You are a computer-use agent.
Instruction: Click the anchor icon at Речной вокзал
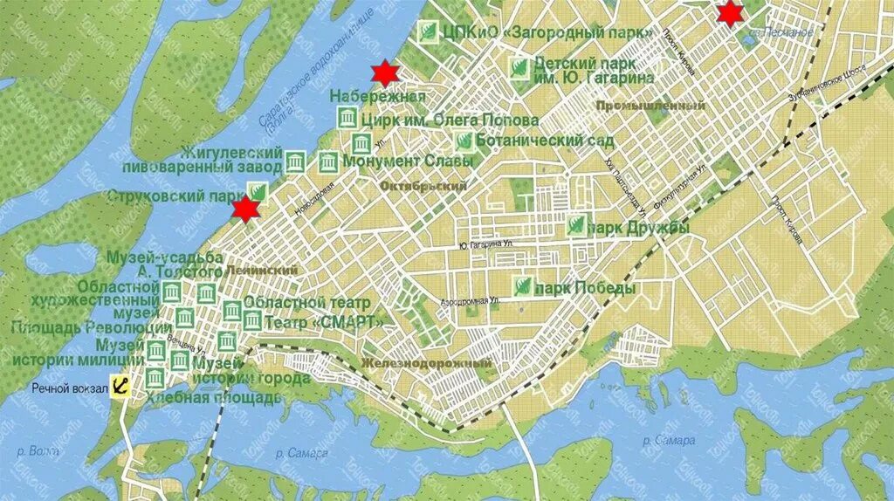[x=120, y=387]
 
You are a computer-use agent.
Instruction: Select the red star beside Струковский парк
[x=246, y=209]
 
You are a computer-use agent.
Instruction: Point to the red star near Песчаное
[x=728, y=13]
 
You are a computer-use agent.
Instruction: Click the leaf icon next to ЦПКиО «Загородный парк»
[x=428, y=32]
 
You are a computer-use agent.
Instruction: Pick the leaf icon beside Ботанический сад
[x=464, y=141]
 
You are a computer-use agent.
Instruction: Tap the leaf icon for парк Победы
[x=522, y=288]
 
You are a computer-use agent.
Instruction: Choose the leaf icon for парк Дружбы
[x=575, y=226]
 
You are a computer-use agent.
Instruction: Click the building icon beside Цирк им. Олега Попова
[x=347, y=119]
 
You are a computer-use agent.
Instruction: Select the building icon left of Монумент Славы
[x=328, y=161]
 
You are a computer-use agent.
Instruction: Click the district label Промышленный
[x=650, y=105]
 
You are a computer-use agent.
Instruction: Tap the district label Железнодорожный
[x=426, y=363]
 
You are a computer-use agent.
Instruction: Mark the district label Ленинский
[x=260, y=271]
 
